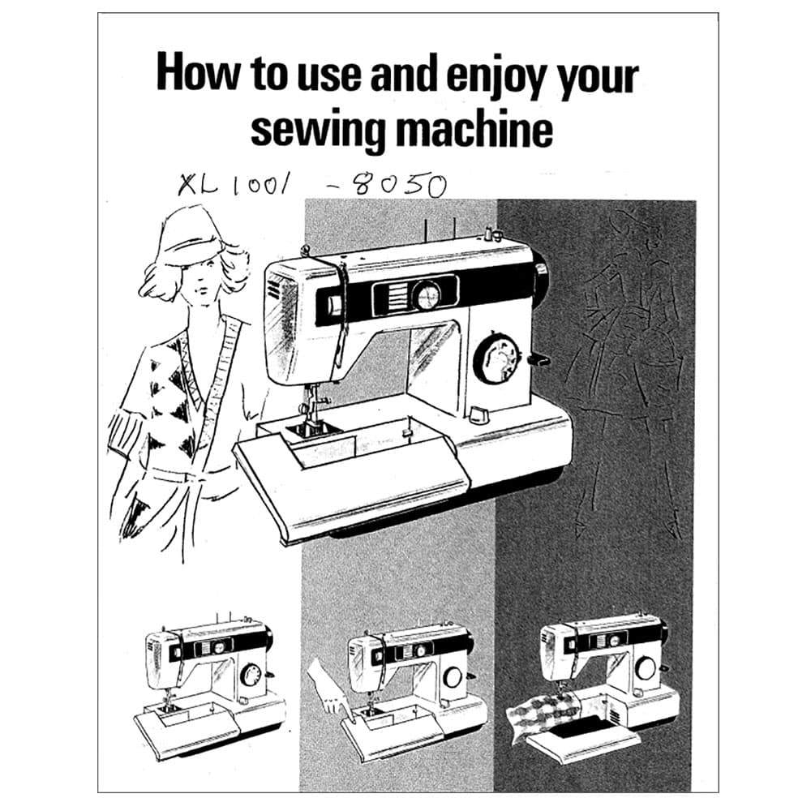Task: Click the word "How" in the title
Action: [x=197, y=73]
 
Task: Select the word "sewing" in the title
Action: [x=317, y=129]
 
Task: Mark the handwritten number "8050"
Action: [x=393, y=185]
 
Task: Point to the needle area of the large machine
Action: [x=313, y=409]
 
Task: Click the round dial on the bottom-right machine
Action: [x=646, y=669]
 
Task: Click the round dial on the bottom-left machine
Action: [x=251, y=676]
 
